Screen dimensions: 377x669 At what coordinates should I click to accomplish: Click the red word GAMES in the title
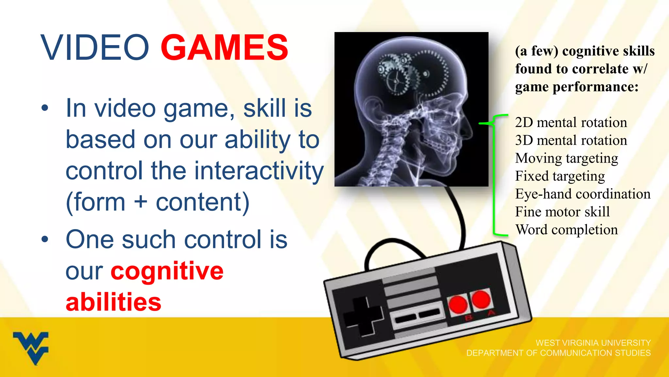(x=224, y=48)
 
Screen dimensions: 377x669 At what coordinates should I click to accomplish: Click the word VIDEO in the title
(x=95, y=48)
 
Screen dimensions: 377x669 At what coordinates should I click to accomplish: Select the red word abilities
(x=113, y=302)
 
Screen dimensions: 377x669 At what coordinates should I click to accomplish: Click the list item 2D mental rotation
(x=571, y=122)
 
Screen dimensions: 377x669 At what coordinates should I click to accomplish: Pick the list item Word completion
(x=566, y=229)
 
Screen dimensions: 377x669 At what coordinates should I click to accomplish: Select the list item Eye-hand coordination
(x=582, y=194)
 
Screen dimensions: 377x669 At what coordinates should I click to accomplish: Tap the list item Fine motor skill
(x=562, y=212)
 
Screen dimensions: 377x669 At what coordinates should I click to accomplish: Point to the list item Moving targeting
(x=566, y=158)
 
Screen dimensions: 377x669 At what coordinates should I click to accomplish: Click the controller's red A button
(x=481, y=299)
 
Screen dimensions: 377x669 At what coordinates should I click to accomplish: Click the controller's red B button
(x=458, y=304)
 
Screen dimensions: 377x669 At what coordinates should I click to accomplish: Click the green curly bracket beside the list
(x=494, y=175)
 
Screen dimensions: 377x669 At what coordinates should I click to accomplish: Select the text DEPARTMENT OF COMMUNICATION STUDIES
(x=558, y=353)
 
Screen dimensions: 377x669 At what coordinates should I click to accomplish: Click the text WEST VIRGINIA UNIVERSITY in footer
(x=593, y=343)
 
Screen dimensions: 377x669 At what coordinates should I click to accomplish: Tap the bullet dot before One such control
(x=45, y=239)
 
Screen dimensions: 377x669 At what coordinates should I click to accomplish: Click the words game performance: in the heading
(x=577, y=87)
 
